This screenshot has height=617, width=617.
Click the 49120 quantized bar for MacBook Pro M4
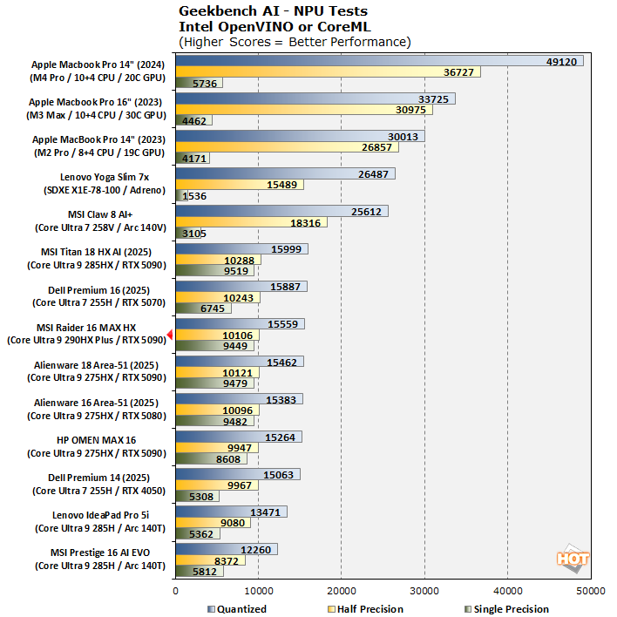coord(379,61)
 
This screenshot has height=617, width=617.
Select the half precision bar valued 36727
coord(329,71)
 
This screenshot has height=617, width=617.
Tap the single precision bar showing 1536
coord(182,195)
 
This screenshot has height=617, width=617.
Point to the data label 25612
coord(366,212)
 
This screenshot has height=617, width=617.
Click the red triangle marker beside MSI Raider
coord(170,335)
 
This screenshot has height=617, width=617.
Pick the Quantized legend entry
coord(237,609)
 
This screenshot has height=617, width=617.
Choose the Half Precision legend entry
coord(365,609)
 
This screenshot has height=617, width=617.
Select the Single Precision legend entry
coord(507,609)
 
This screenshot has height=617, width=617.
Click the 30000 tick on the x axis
coord(424,591)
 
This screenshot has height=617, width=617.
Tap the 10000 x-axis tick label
coord(259,591)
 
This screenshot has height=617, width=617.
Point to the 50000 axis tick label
coord(591,591)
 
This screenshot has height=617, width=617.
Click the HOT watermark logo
coord(573,559)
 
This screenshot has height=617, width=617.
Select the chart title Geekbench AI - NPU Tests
coord(273,11)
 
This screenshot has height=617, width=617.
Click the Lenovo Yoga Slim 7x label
coord(105,177)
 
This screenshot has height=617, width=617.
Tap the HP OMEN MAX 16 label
coord(97,440)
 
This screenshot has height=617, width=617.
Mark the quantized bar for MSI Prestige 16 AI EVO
coord(227,549)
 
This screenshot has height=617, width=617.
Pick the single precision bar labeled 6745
coord(203,308)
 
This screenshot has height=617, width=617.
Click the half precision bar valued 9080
coord(213,523)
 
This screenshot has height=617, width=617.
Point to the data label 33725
coord(433,99)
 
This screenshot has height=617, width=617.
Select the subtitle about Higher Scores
coord(295,42)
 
